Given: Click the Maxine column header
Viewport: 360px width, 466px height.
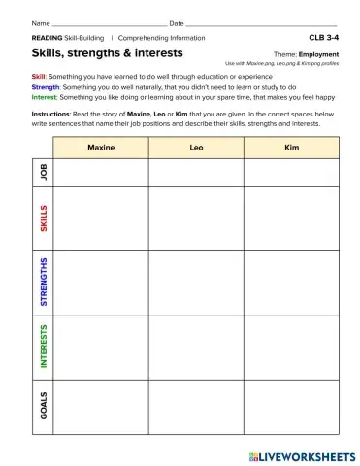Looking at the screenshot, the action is [101, 148].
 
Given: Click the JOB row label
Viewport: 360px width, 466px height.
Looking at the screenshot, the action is [43, 172].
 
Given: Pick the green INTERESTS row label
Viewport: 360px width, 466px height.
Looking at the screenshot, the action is [43, 346].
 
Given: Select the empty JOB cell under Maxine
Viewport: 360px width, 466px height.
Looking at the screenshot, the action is [101, 172].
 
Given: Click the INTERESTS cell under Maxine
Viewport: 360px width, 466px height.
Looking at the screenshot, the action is [101, 346].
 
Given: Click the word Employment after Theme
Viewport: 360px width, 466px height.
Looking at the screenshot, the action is [318, 55].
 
